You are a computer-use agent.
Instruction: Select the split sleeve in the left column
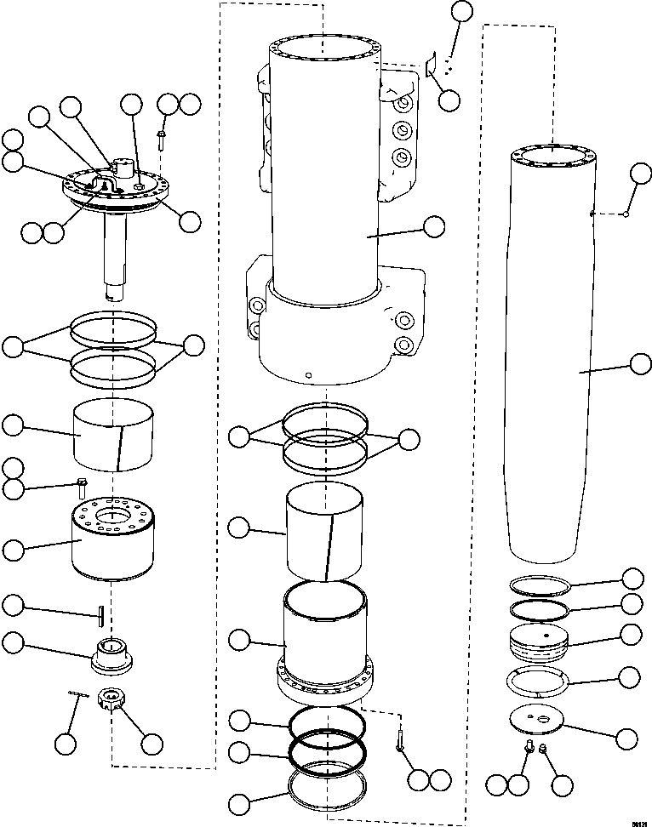pyautogui.click(x=112, y=433)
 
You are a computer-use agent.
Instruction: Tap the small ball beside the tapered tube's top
pyautogui.click(x=626, y=214)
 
